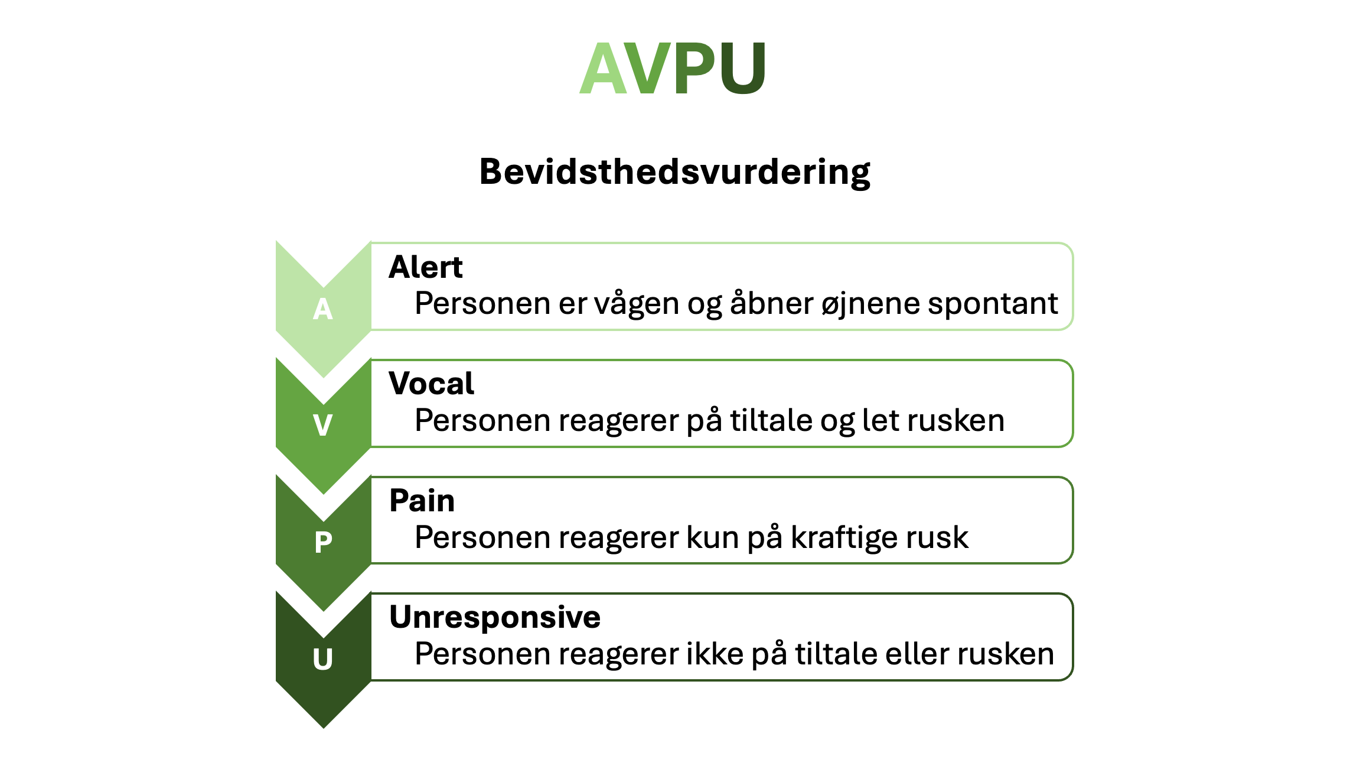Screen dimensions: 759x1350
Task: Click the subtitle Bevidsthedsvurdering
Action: coord(674,172)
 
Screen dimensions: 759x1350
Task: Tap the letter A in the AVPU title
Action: coord(602,70)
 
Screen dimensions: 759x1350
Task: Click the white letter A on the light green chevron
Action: coord(323,309)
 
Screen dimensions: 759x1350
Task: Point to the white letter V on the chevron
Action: coord(323,425)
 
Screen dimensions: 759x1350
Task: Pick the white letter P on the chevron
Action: coord(323,542)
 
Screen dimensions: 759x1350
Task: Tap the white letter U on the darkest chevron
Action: coord(323,659)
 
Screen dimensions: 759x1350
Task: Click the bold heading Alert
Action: coord(425,267)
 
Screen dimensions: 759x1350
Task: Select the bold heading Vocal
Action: coord(431,384)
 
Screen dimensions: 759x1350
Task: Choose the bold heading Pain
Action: coord(422,501)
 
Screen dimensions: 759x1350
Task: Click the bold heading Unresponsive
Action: coord(495,617)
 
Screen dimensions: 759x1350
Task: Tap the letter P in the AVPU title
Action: coord(696,70)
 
